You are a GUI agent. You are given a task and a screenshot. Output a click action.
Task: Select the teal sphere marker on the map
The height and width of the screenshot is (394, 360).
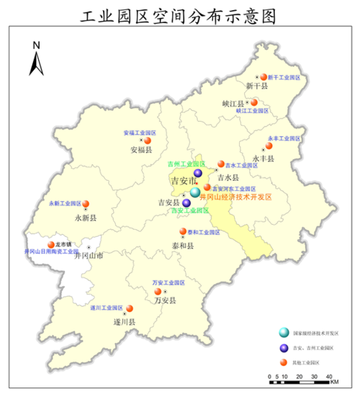click(195, 193)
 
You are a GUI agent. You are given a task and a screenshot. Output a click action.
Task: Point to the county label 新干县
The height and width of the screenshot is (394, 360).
click(256, 86)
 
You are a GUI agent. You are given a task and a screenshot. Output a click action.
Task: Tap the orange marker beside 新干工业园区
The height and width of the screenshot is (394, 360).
click(264, 76)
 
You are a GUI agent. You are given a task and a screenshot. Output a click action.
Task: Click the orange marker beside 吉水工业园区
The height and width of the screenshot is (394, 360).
click(221, 164)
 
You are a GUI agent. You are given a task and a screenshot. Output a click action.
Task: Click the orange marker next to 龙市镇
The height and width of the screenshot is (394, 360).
click(51, 245)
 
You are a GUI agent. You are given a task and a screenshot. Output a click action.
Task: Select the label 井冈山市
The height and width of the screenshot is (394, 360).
click(89, 256)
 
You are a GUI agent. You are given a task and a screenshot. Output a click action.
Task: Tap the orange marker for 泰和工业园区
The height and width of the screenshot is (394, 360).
click(182, 232)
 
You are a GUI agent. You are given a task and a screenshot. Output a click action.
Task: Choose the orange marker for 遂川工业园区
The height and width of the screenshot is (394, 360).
click(130, 308)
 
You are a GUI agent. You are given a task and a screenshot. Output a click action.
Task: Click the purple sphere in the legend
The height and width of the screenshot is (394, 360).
click(285, 348)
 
